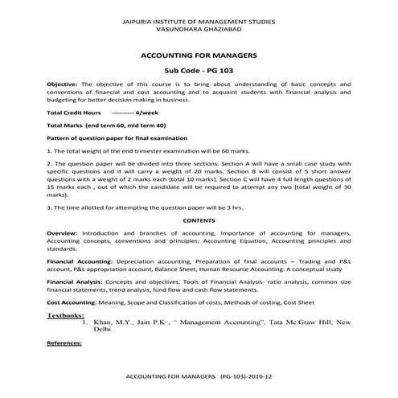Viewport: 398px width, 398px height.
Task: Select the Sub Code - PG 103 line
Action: click(199, 71)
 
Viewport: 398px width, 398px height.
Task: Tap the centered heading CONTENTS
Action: click(199, 220)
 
